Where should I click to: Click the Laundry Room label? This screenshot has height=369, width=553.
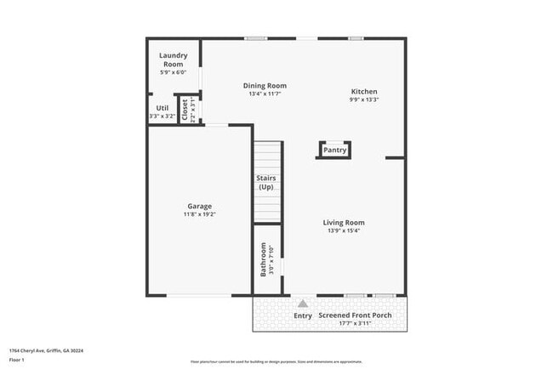173,60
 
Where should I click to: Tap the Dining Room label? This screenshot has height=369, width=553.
265,85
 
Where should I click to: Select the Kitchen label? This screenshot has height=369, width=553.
364,92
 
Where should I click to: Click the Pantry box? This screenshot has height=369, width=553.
335,150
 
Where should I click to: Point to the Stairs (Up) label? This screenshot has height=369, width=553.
265,182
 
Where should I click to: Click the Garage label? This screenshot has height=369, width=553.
200,206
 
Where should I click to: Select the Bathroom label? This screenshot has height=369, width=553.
264,260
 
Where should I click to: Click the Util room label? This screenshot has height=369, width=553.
162,108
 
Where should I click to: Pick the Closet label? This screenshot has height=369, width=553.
185,111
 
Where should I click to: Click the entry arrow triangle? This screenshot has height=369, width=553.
302,302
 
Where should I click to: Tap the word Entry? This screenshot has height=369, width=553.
303,315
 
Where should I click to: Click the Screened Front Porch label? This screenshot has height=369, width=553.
356,315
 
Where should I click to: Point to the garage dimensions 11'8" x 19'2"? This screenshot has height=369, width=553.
200,215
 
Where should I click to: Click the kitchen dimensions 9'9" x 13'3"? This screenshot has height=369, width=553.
364,100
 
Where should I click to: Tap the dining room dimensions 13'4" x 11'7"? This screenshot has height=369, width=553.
265,94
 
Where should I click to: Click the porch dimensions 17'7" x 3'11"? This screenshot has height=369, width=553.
356,323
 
